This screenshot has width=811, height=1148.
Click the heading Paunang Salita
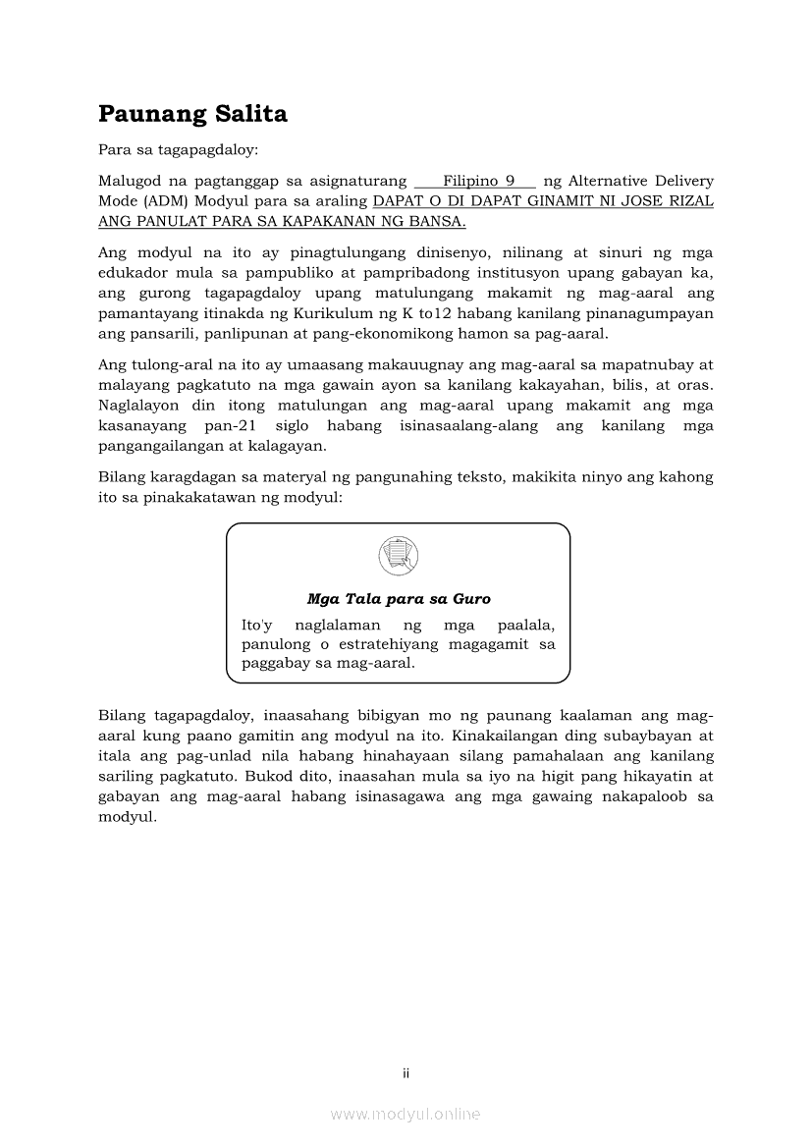tap(192, 114)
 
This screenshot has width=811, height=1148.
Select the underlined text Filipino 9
tap(478, 181)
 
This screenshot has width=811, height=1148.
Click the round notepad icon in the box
tap(398, 557)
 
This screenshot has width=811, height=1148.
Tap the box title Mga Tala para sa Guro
tap(398, 598)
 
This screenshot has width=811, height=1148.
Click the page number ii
tap(405, 1073)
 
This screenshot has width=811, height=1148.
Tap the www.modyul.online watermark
tap(405, 1114)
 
